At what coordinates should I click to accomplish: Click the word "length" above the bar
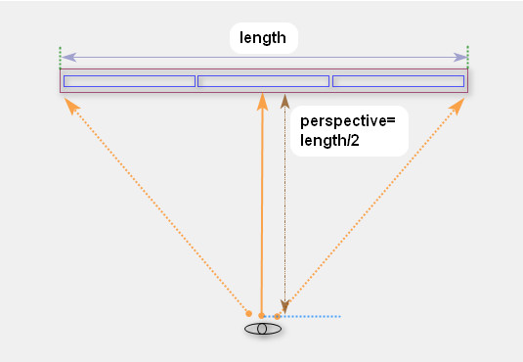click(263, 39)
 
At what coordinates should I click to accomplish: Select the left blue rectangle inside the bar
click(129, 81)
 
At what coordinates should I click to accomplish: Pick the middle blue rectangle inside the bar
click(263, 81)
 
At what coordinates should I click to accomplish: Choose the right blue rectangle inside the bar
click(398, 81)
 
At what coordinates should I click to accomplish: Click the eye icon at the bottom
click(262, 329)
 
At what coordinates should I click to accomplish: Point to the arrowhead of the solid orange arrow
click(262, 100)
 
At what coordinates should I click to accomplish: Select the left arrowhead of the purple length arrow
click(66, 58)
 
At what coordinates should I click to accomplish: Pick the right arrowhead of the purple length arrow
click(461, 58)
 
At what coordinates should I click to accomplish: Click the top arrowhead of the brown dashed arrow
click(284, 100)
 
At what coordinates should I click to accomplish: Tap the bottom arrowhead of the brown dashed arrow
click(284, 306)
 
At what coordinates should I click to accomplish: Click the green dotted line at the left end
click(60, 55)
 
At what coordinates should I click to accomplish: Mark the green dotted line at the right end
click(468, 55)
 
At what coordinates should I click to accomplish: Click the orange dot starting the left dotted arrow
click(249, 313)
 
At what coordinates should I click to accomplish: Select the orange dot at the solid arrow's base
click(261, 315)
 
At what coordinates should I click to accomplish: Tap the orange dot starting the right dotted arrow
click(277, 316)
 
